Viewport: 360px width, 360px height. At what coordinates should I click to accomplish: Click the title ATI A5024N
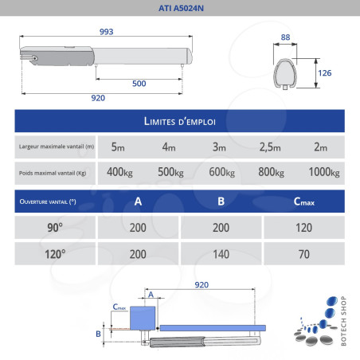point(179,10)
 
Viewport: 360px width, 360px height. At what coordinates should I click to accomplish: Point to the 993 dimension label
point(106,31)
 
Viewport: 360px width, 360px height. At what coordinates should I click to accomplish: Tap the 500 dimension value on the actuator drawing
point(139,83)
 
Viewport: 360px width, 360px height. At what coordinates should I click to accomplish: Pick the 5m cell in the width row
point(119,147)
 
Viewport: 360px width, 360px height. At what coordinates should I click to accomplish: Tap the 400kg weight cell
point(119,173)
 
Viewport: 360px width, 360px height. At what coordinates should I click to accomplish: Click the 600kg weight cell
point(221,173)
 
